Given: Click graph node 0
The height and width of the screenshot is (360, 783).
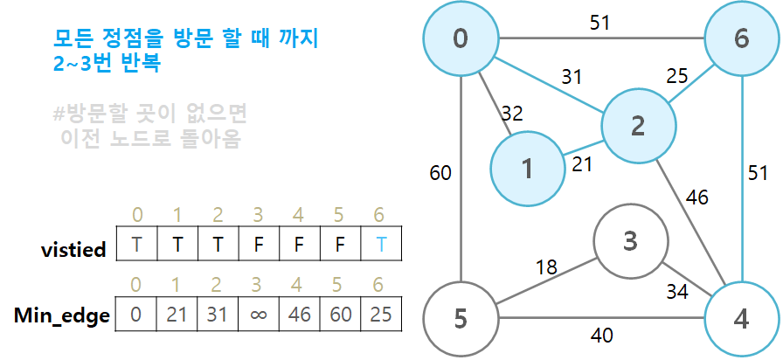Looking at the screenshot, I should [461, 38].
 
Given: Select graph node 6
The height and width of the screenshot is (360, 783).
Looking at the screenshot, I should [741, 38].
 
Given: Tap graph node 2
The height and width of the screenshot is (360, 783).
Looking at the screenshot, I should [637, 126].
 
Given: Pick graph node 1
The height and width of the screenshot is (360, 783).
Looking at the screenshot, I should [527, 168].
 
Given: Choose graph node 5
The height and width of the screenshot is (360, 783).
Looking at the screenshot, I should [461, 318].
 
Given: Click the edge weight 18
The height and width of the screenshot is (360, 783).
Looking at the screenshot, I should [546, 267].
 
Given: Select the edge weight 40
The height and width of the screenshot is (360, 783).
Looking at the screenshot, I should [599, 333].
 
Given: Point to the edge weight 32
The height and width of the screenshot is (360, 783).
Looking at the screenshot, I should [511, 112].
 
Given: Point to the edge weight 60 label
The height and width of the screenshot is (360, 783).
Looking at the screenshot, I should [440, 173].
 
